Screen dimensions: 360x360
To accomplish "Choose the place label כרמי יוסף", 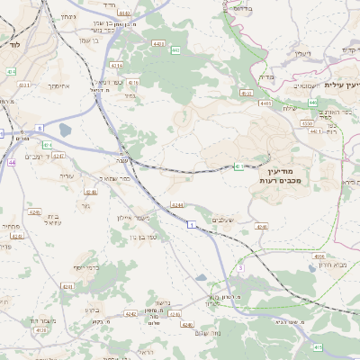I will pos(86,267).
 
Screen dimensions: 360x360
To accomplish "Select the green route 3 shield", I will pos(241,267).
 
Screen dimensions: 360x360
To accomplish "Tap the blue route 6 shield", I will pos(40,129).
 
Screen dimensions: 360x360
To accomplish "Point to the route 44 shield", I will pos(12,162).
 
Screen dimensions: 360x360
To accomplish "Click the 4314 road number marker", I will pos(116,66).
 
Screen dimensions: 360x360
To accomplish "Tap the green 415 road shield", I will pos(317,346).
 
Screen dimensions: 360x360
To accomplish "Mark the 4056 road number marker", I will pos(319,256).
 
